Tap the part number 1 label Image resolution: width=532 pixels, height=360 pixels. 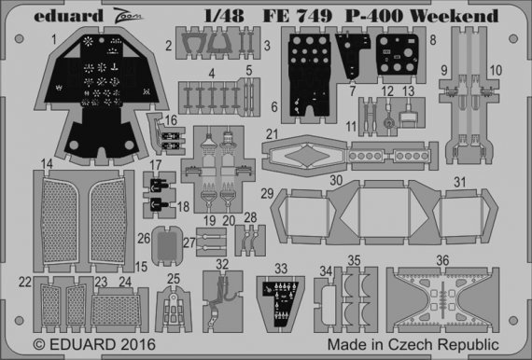click(x=55, y=39)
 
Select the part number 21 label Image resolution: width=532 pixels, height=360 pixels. click(x=272, y=134)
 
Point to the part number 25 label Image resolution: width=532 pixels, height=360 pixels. click(x=175, y=278)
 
